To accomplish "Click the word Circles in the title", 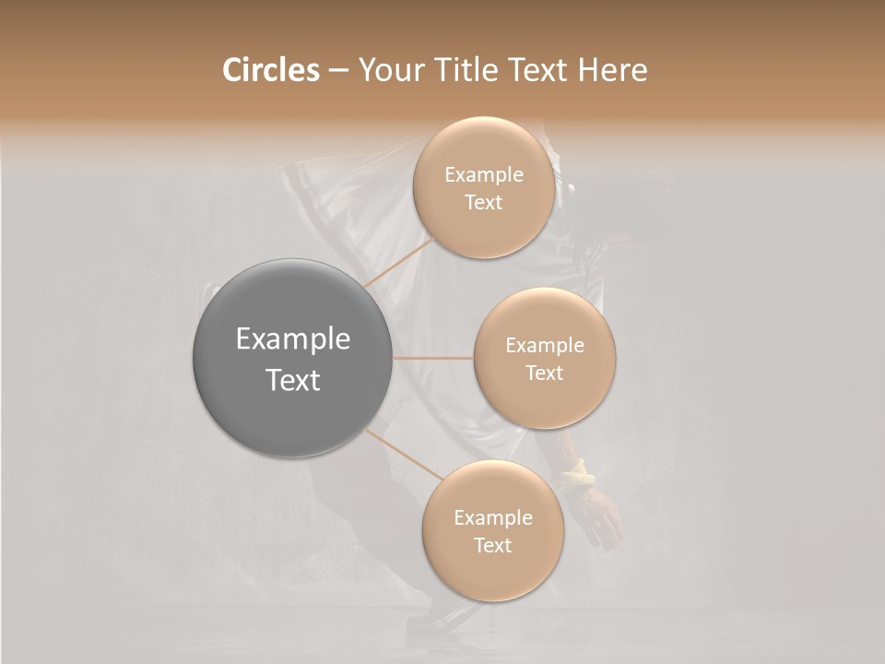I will [270, 70].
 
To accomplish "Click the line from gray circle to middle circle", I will [433, 357].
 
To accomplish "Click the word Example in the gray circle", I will [293, 339].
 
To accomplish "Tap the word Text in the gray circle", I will [293, 380].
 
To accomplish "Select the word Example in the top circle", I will [483, 175].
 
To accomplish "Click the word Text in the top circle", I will [483, 203].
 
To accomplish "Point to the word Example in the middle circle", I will [544, 346].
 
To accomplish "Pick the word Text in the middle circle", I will [544, 373].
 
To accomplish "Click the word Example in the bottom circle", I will [492, 518].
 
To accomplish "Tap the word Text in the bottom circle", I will [492, 546].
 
